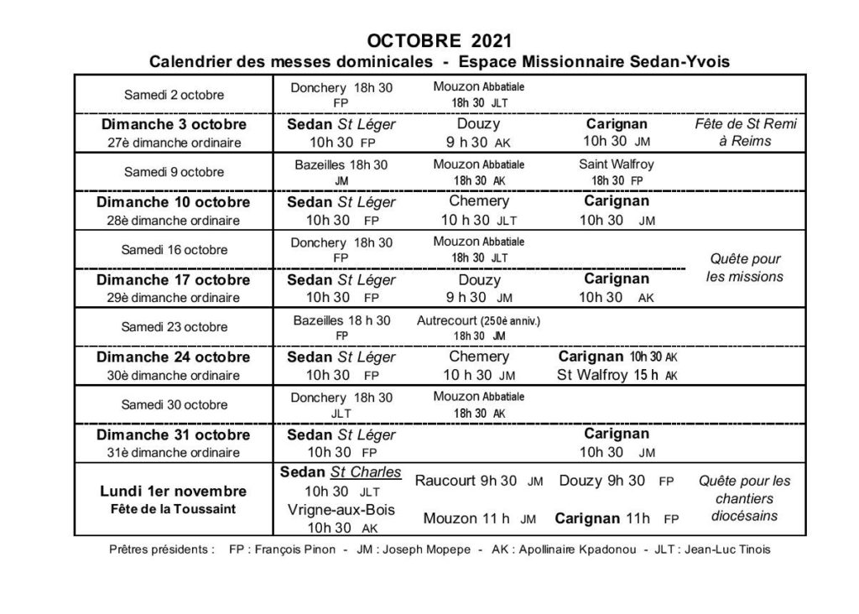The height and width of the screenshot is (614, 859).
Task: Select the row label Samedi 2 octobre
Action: [174, 94]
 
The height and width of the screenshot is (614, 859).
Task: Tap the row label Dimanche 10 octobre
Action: [174, 202]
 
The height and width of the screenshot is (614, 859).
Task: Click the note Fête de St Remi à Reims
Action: [745, 133]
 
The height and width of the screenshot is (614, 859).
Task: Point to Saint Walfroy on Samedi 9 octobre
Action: [617, 164]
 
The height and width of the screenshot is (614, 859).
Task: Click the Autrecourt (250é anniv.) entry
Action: [478, 320]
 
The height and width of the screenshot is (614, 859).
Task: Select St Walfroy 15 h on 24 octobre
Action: [610, 375]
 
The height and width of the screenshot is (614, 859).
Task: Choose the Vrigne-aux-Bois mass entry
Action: [341, 509]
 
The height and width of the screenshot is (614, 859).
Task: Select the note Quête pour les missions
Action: [745, 268]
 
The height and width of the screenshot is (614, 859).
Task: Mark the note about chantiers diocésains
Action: [745, 498]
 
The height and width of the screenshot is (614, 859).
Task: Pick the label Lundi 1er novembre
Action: [174, 491]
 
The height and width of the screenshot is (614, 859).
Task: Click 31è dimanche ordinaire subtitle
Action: [174, 452]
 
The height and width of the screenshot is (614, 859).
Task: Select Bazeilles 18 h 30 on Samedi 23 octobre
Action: [341, 320]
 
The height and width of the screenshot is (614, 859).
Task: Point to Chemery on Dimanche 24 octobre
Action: [479, 356]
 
